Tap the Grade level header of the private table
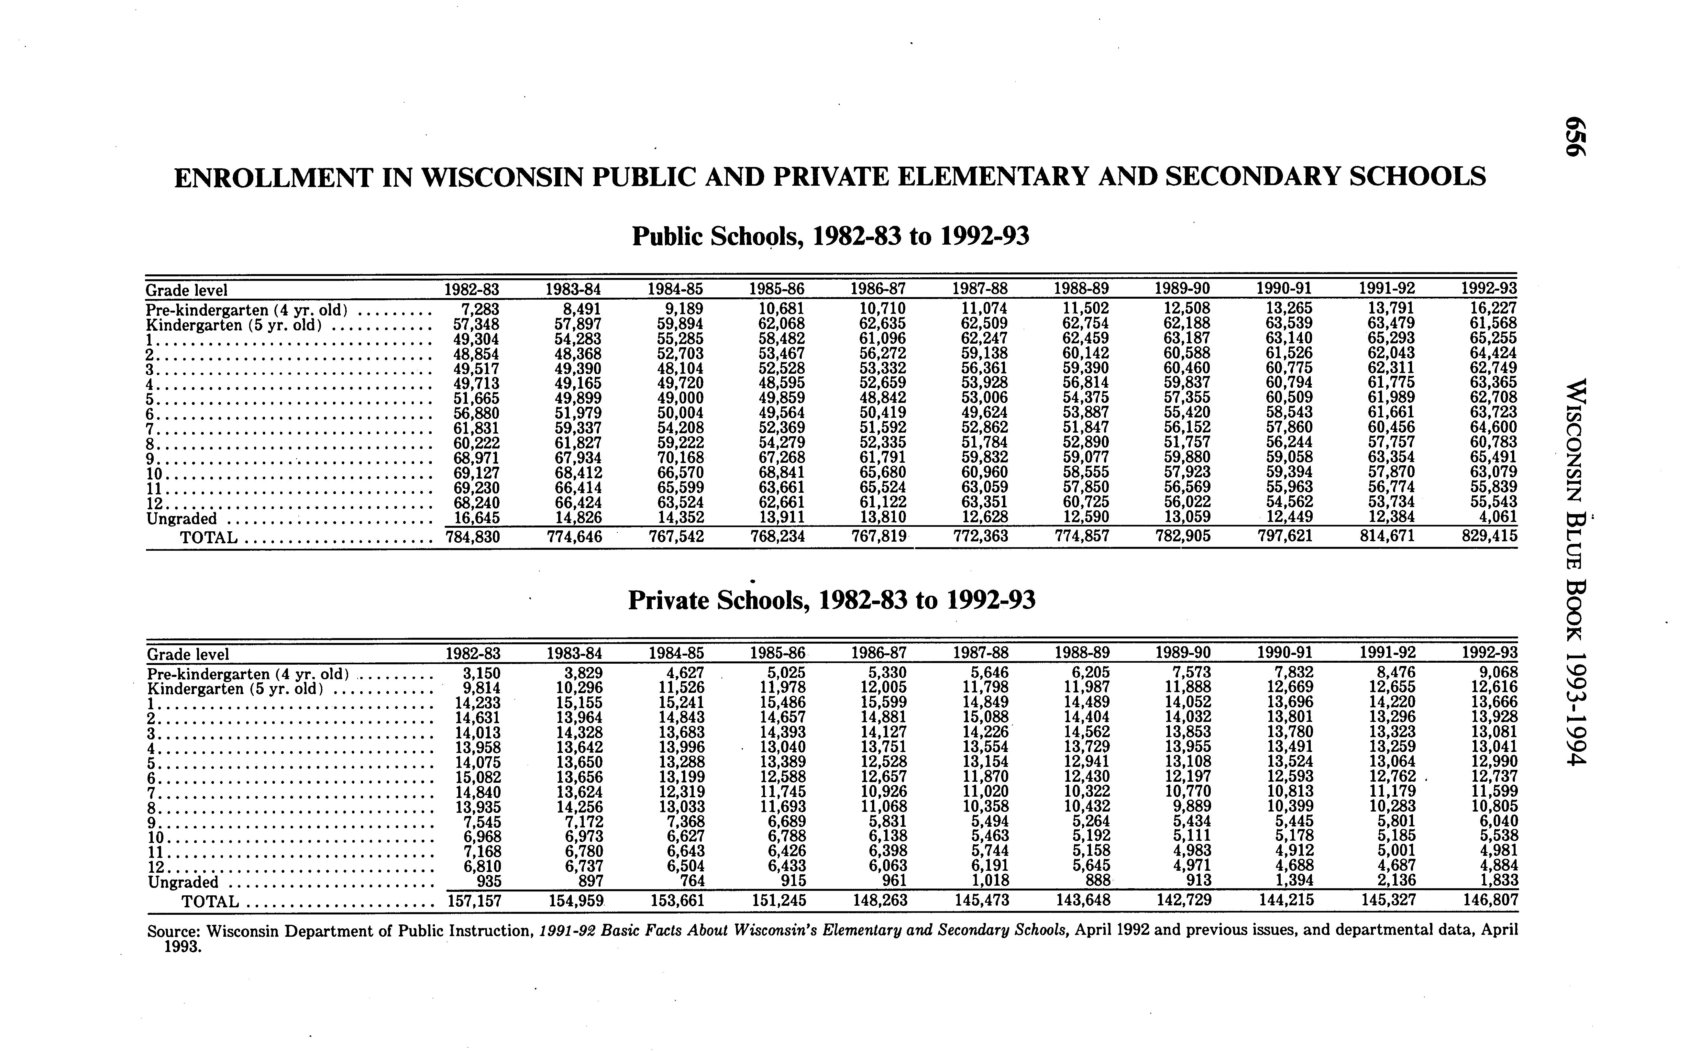pos(188,654)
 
